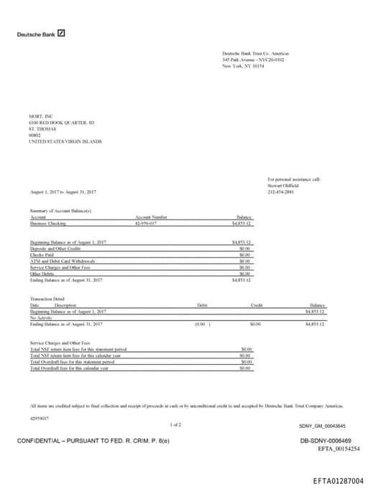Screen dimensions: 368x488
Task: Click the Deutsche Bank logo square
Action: point(61,33)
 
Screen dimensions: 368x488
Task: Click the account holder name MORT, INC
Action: point(41,116)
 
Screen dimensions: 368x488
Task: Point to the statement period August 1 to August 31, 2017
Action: point(63,192)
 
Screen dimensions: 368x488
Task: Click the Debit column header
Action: point(202,305)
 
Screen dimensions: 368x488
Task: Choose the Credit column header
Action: point(257,305)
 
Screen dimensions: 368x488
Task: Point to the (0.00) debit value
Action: point(203,325)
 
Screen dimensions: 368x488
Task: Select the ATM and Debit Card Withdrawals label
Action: point(63,261)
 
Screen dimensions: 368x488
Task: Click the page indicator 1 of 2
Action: point(175,425)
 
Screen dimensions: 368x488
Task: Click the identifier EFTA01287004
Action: point(338,480)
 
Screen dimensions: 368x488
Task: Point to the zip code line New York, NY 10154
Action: point(243,65)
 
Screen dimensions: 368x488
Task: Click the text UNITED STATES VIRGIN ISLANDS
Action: point(65,142)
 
